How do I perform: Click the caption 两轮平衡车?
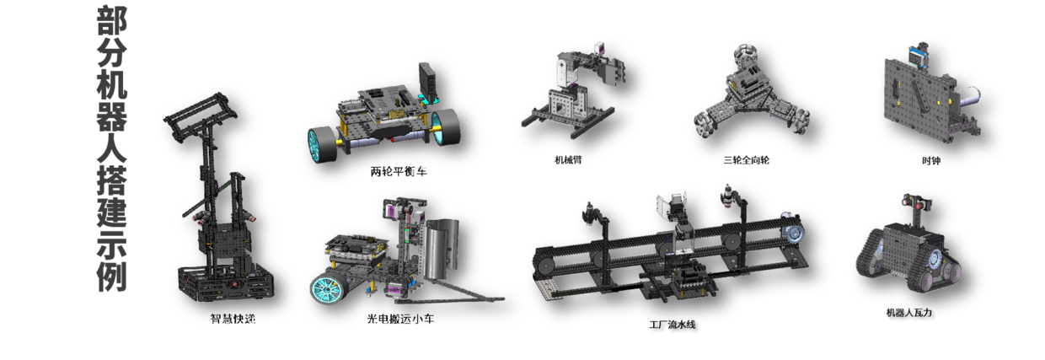pyautogui.click(x=399, y=172)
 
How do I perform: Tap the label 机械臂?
pyautogui.click(x=568, y=160)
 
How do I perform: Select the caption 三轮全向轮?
pyautogui.click(x=746, y=160)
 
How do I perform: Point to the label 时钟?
pyautogui.click(x=931, y=161)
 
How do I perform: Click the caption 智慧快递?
pyautogui.click(x=233, y=319)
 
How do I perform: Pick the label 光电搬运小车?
pyautogui.click(x=401, y=319)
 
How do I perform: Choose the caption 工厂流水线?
pyautogui.click(x=673, y=325)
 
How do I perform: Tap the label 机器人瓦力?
pyautogui.click(x=908, y=313)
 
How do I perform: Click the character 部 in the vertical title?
pyautogui.click(x=111, y=21)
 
